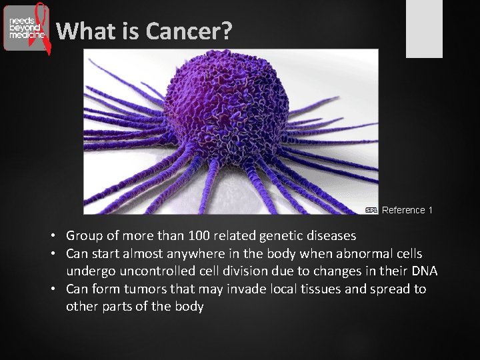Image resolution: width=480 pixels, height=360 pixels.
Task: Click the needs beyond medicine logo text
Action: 26,27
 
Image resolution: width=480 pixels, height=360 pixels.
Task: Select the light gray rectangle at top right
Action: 424,28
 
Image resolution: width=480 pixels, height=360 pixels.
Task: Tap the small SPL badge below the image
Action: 371,210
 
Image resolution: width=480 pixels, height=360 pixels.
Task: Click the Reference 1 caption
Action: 407,210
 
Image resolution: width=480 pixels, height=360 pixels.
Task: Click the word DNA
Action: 424,271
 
